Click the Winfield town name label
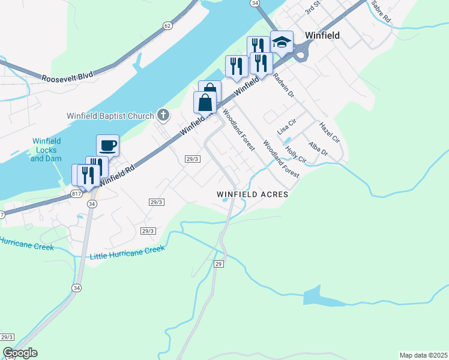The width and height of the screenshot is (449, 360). tap(322, 35)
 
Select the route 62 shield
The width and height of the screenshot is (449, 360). tap(167, 26)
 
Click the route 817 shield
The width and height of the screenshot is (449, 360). tap(76, 194)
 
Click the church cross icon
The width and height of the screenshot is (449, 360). tap(163, 114)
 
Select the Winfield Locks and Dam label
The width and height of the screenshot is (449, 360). tap(46, 150)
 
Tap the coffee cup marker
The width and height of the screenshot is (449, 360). tap(107, 145)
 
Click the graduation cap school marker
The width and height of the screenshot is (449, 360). tap(282, 42)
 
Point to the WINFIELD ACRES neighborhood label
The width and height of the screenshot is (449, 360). tap(253, 195)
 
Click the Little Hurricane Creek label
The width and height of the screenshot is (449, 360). tap(127, 253)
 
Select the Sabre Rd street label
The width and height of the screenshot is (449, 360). tap(381, 12)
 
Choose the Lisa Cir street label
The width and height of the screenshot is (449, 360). tap(287, 126)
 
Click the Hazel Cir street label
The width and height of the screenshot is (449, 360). tap(330, 133)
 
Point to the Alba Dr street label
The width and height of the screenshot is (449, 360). tap(318, 149)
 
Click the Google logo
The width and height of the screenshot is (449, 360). tap(20, 353)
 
